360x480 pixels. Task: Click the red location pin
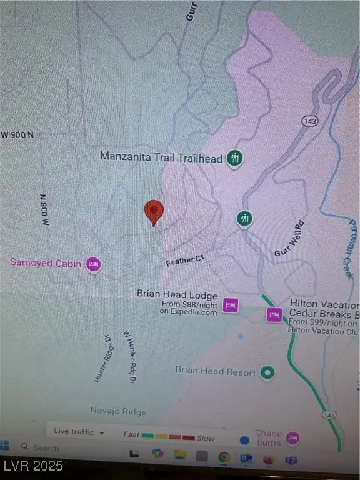pos(154,212)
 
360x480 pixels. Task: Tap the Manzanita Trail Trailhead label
pos(161,158)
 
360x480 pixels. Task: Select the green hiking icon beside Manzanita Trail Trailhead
pos(235,157)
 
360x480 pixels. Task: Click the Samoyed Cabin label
pos(46,263)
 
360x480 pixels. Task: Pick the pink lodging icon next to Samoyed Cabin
pos(94,264)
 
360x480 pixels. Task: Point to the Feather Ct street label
pos(185,260)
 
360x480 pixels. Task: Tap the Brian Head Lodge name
pos(177,295)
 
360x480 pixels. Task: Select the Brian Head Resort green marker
pos(268,372)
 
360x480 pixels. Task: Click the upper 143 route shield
pos(307,121)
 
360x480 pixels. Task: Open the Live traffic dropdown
pos(79,431)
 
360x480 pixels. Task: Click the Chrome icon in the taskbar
pos(223,457)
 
